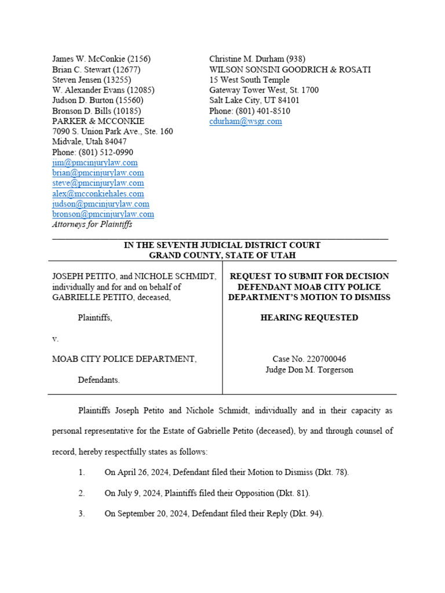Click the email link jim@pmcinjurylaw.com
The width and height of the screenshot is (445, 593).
pos(94,163)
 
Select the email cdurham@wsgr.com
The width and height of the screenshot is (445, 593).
pos(245,121)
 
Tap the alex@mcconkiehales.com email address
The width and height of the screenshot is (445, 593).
pos(98,193)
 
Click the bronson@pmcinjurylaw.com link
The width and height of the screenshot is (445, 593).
pos(103,214)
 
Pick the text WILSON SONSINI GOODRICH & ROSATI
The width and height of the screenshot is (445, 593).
pos(290,69)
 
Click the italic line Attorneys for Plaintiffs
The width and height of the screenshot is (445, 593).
pos(92,224)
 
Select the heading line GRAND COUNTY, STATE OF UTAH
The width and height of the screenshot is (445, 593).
pos(222,255)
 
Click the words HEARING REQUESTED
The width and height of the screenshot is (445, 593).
pos(309,317)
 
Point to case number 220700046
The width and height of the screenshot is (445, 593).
pos(327,359)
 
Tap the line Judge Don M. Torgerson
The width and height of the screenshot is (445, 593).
pos(309,369)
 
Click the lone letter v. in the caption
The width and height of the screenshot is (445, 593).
pos(55,338)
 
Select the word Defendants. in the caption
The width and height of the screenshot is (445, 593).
pos(99,380)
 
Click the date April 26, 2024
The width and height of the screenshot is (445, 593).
pos(144,473)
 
